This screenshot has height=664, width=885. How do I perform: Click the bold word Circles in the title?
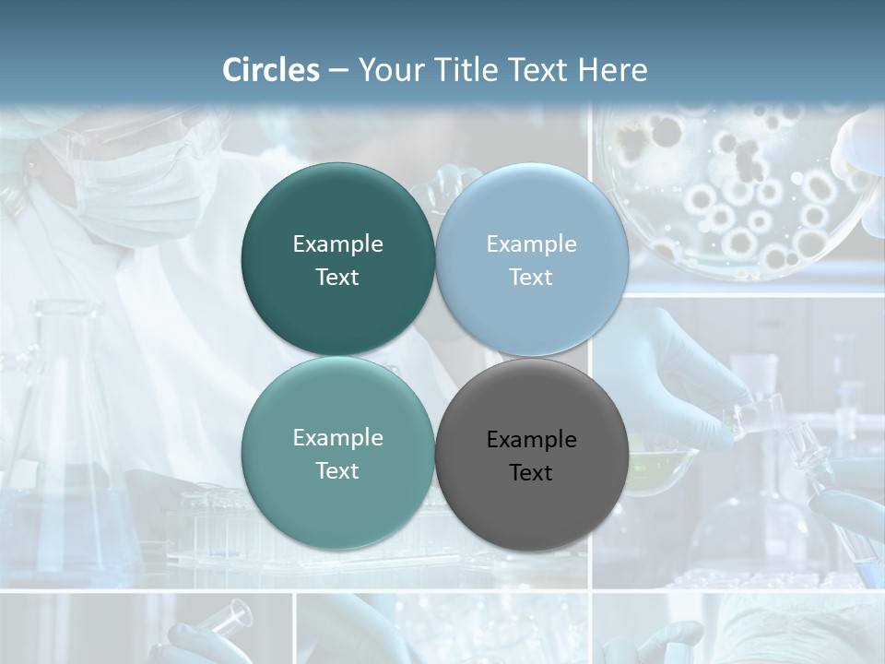tap(271, 70)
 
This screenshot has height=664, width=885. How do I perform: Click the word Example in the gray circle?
tap(531, 440)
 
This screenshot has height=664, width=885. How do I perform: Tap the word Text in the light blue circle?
tap(531, 278)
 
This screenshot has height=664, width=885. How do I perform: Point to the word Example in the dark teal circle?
tap(337, 244)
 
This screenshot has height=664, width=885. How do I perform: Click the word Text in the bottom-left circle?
tap(337, 471)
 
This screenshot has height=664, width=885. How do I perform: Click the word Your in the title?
tap(387, 70)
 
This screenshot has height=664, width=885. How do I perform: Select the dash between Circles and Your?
tap(338, 71)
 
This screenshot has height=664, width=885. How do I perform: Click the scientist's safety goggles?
tap(184, 138)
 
